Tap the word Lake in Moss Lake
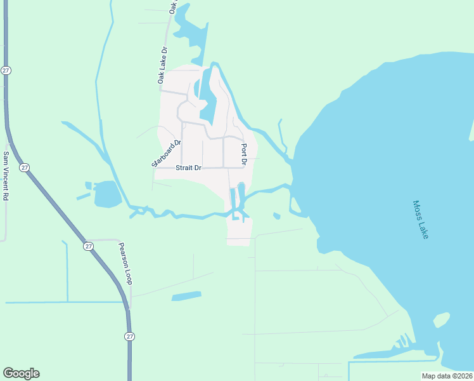point(425,229)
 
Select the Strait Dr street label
point(188,168)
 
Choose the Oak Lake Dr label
point(162,65)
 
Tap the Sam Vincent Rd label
point(6,176)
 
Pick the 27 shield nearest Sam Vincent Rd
point(24,168)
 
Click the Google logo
point(21,373)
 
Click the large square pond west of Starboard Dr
point(106,194)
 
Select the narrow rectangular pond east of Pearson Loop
point(186,296)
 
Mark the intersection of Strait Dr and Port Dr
point(245,168)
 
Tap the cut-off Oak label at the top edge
point(172,7)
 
